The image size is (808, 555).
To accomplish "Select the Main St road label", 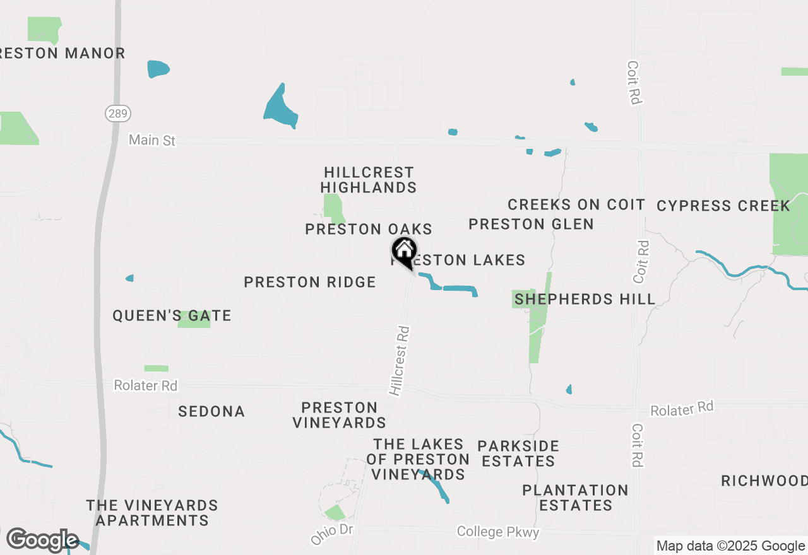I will [x=152, y=140].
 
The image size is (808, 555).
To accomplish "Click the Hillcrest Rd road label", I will [x=400, y=360].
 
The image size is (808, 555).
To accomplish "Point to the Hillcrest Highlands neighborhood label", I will [x=369, y=180].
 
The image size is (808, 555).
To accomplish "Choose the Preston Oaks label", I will [x=369, y=229].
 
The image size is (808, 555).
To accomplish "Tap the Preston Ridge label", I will [x=310, y=282].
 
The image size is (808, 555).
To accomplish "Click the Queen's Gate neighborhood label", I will [x=172, y=315].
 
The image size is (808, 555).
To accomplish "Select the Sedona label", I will [x=211, y=411].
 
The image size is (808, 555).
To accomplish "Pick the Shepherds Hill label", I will [x=585, y=299].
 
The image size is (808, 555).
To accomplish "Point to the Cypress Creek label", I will [x=723, y=206].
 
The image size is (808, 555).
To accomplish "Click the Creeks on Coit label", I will [x=576, y=204].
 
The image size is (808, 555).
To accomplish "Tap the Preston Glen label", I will [x=531, y=224].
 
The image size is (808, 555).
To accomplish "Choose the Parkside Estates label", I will [x=518, y=453].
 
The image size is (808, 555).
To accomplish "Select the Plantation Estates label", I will [x=575, y=498].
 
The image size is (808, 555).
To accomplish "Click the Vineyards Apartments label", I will [x=152, y=513].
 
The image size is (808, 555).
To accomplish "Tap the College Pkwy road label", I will [x=498, y=532].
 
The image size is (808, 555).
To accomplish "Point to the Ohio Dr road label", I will [x=332, y=534].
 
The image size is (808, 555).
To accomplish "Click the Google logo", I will [x=42, y=540].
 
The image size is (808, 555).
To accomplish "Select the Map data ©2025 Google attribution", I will [x=730, y=546].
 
